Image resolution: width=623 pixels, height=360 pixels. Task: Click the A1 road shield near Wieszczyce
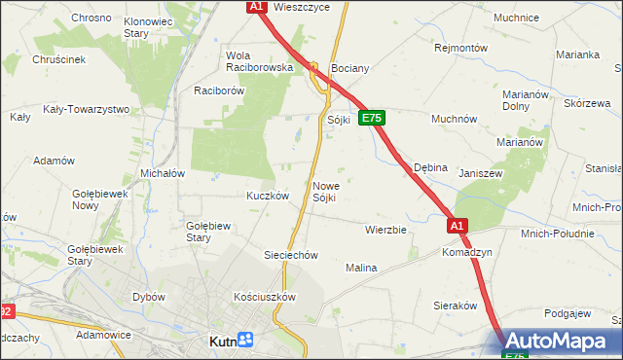point(256,7)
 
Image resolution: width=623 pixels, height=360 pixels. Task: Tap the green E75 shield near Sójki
point(372,118)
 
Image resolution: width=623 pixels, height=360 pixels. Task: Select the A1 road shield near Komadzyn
point(458,226)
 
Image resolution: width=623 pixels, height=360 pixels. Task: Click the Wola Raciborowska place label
point(259,61)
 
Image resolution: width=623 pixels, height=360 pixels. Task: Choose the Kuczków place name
point(268,195)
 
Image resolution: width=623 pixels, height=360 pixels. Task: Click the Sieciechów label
point(292,255)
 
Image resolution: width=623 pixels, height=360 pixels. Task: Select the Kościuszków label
point(264,296)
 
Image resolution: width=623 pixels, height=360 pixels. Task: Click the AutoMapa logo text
point(564,342)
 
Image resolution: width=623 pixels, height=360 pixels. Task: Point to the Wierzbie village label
point(385,231)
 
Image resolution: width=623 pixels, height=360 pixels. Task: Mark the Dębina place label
point(430,167)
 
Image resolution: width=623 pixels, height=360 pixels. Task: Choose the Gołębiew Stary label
point(207,231)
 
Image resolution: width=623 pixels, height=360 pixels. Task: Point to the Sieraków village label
point(454,305)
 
